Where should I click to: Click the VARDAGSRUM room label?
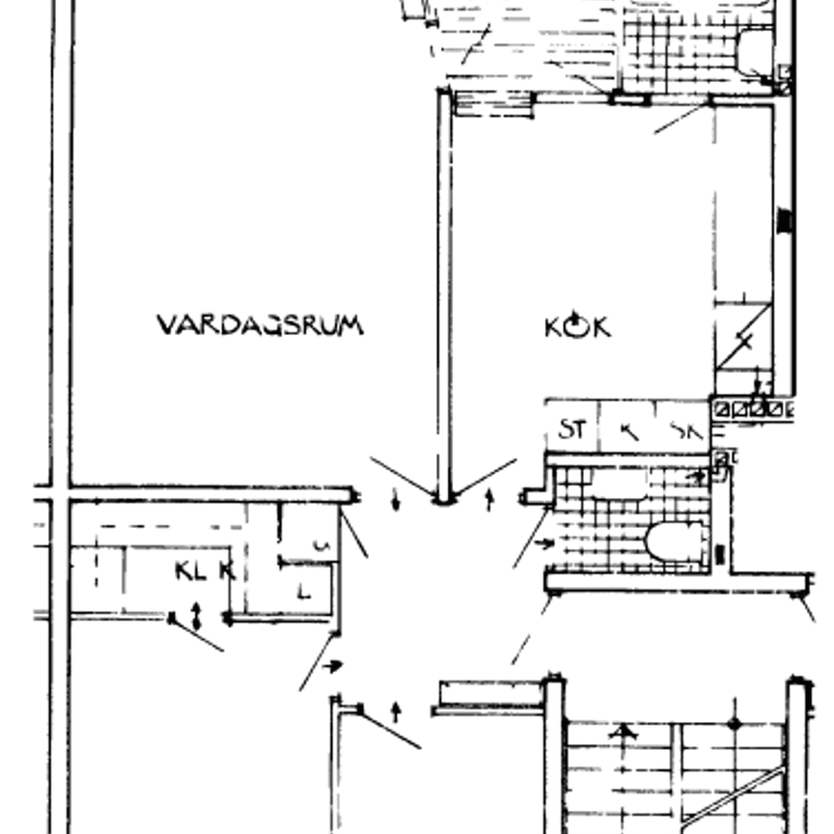point(261,324)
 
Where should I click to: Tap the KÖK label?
point(577,326)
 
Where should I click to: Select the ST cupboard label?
point(571,430)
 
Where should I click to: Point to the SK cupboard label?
point(686,431)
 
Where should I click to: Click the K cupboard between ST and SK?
point(628,431)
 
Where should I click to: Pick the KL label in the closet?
point(190,570)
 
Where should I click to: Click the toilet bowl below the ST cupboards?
point(677,541)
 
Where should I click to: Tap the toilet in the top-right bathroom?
point(756,50)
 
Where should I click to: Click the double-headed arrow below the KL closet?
point(197,616)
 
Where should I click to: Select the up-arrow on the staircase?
point(625,734)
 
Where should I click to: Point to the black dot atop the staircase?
point(735,723)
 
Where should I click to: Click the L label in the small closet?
point(304,592)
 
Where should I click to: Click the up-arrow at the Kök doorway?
point(489,500)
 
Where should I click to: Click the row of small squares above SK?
point(751,409)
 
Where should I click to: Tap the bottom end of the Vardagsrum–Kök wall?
point(444,498)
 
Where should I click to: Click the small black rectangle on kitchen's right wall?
point(784,220)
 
